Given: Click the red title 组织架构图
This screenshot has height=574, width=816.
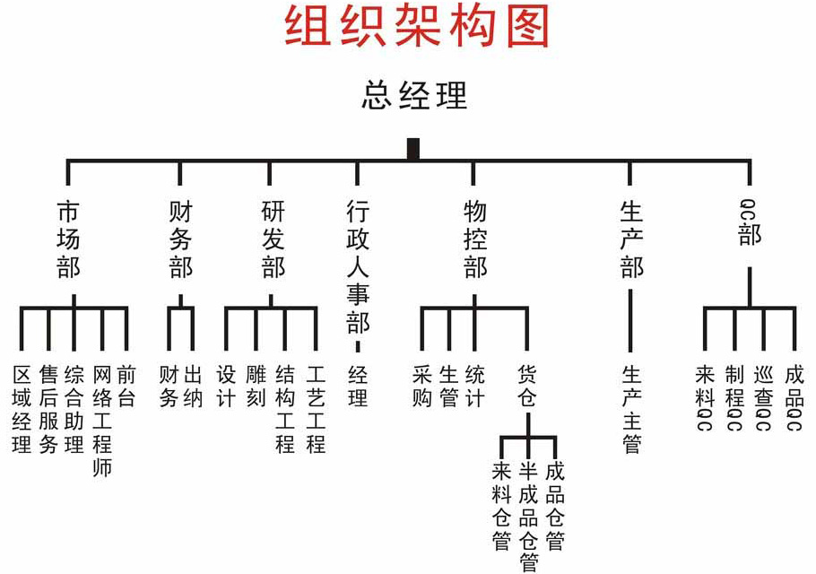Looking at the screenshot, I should pos(417,27).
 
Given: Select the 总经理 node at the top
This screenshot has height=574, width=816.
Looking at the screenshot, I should pos(414,94).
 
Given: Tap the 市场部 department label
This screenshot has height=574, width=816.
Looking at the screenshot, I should pos(68,239).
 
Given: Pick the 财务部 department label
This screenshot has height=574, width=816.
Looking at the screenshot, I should pos(180,239).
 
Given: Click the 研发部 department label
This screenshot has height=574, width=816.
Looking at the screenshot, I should pos(273,239).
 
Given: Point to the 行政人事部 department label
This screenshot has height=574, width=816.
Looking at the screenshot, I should pos(358,267).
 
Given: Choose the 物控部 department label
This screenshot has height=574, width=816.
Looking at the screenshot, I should pos(474,239).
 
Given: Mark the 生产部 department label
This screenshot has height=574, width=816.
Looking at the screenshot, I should pos(631,239).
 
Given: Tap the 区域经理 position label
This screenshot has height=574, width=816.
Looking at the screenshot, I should pos(22,408).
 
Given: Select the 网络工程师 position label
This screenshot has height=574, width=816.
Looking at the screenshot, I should pos(101,419).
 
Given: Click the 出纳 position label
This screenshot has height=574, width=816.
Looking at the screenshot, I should pos(194,386).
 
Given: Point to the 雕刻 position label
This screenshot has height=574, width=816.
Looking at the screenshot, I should pos(256,386).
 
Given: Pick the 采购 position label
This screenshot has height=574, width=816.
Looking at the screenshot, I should pos(422,386).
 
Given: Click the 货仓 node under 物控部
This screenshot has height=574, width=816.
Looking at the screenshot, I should pos(527,386).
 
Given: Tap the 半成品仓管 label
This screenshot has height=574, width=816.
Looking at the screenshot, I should pos(528,517).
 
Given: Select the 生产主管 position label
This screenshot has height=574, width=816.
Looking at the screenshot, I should pos(631,408).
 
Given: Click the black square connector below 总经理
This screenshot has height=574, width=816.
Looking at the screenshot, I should pos(413,149).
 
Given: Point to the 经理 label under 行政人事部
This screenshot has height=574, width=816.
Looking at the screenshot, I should pos(358,386).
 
